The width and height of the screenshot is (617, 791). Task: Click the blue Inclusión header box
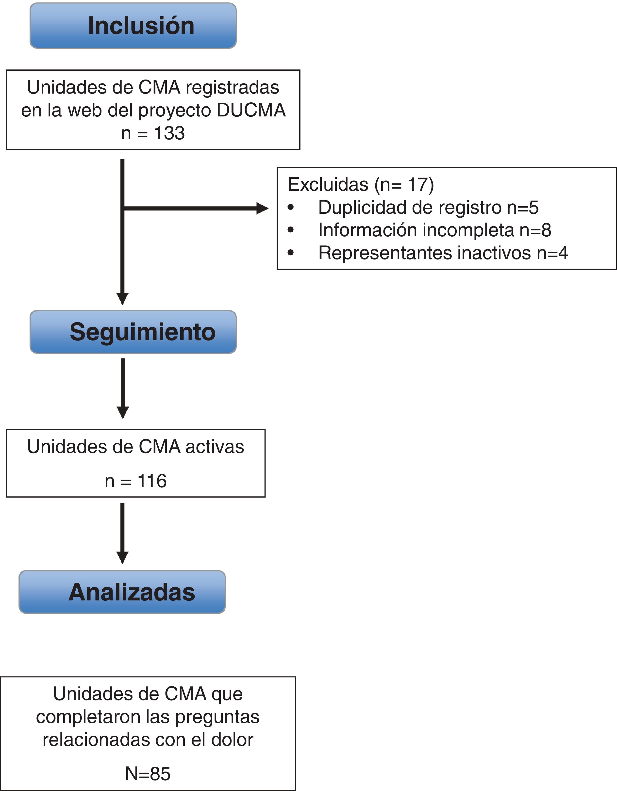(x=133, y=26)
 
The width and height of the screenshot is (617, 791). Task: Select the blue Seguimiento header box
(x=133, y=332)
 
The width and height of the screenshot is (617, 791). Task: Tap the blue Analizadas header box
(x=122, y=592)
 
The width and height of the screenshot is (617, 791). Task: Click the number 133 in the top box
(x=169, y=133)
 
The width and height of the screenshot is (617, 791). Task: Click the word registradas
(x=231, y=87)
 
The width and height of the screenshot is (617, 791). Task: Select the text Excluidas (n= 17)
(x=361, y=184)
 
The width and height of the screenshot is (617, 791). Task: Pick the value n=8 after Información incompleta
(x=535, y=230)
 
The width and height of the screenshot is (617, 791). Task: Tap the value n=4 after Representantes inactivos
(x=552, y=253)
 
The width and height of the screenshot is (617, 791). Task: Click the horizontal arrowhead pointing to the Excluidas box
(x=262, y=208)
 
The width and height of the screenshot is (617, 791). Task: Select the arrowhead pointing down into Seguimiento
(x=122, y=298)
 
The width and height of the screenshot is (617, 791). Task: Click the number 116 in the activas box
(x=152, y=481)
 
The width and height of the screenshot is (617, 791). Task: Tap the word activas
(x=215, y=447)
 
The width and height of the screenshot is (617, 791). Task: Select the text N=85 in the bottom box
(x=148, y=774)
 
